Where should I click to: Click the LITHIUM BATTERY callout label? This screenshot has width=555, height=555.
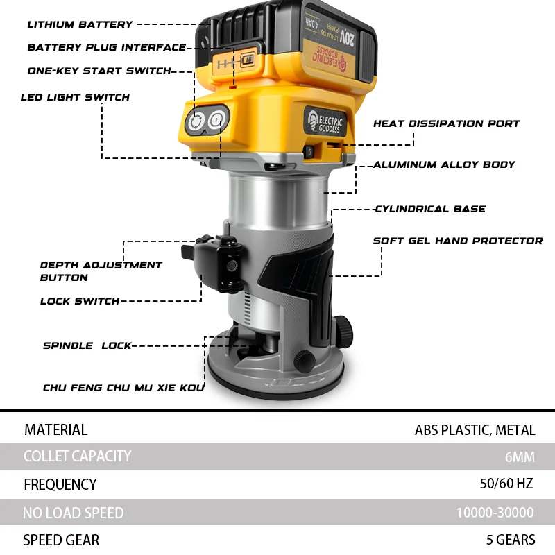[80, 24]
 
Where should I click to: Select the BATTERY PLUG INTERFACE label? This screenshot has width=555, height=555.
[107, 48]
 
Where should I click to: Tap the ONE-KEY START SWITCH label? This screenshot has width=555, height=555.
[99, 71]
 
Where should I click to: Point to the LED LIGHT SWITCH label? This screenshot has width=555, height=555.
[75, 97]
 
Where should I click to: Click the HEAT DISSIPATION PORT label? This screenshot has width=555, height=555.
[446, 123]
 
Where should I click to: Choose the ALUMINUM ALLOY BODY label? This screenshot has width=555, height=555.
[444, 164]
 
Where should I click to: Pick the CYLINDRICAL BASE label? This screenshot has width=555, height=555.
[430, 209]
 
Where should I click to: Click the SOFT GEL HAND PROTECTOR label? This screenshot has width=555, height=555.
[458, 241]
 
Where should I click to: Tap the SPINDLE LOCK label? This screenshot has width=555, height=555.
[87, 345]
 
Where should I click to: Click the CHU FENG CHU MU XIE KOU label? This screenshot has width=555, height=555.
[123, 388]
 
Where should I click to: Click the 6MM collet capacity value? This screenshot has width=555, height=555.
[520, 456]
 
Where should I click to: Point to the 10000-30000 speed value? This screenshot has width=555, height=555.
[495, 513]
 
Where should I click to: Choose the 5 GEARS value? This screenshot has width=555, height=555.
[511, 540]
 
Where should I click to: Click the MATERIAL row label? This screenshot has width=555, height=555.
[55, 429]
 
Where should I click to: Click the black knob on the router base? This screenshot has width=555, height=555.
[304, 360]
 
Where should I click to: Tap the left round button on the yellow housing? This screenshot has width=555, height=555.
[195, 121]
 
